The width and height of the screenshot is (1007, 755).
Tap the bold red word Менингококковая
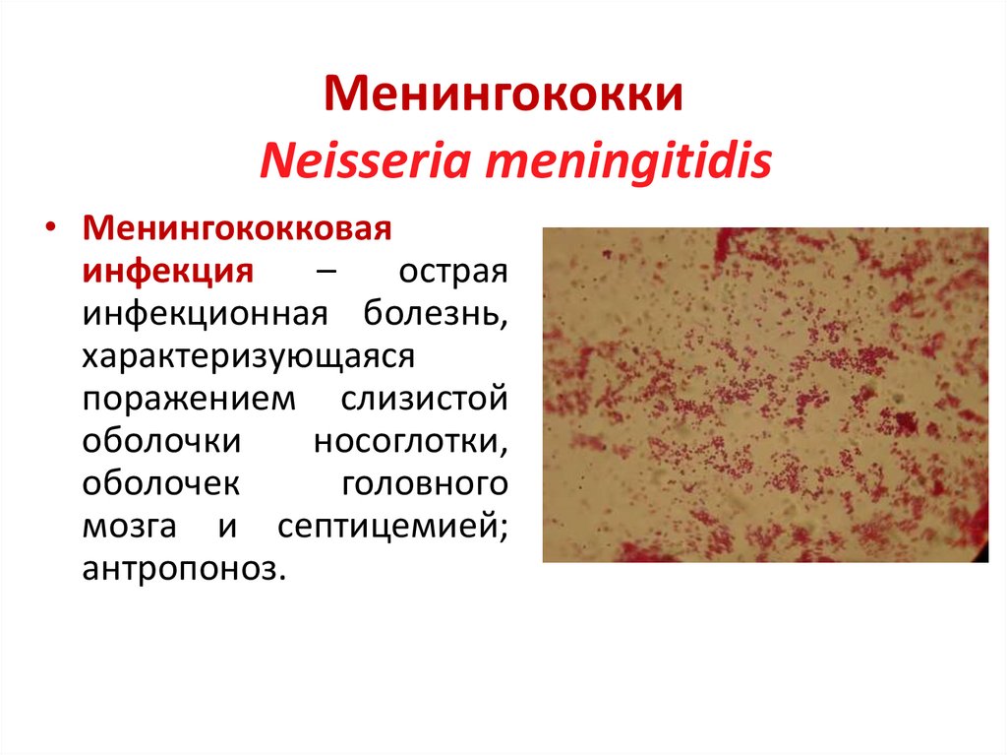pos(237,229)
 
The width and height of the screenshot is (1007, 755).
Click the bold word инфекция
pos(168,272)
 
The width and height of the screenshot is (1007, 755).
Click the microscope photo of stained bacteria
pos(765,395)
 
